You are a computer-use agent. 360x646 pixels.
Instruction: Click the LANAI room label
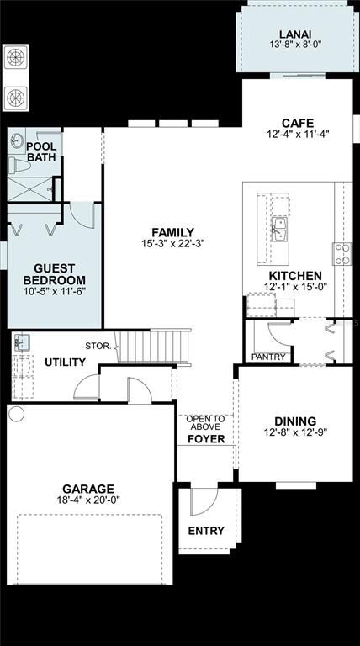click(x=295, y=34)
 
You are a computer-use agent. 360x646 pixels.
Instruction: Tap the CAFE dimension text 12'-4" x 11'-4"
click(x=298, y=134)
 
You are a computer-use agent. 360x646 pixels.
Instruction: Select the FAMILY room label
click(x=172, y=232)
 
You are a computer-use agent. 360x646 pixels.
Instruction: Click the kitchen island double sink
click(x=279, y=229)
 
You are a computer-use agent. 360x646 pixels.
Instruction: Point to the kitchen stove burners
click(x=342, y=254)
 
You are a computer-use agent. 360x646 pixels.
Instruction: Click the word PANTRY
click(x=268, y=357)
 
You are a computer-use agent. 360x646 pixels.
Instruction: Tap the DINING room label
click(x=295, y=421)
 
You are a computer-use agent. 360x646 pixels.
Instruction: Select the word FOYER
click(x=206, y=439)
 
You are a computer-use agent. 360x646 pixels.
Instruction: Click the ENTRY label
click(x=206, y=531)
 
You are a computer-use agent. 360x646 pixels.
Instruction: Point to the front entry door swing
click(x=204, y=502)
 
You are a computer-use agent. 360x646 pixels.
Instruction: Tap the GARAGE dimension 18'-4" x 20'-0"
click(x=88, y=500)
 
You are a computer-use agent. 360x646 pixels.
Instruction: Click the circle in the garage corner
click(x=17, y=413)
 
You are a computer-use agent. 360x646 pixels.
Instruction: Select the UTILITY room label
click(x=65, y=363)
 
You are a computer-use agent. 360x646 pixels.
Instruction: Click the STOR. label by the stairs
click(x=98, y=346)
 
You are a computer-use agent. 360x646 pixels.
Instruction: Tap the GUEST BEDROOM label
click(x=55, y=274)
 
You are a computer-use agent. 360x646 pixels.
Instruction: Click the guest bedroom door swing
click(x=82, y=214)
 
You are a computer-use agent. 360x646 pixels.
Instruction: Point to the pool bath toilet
click(x=19, y=166)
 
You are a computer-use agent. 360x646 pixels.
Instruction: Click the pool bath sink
click(x=17, y=140)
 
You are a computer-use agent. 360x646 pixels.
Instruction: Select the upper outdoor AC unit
click(x=16, y=58)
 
